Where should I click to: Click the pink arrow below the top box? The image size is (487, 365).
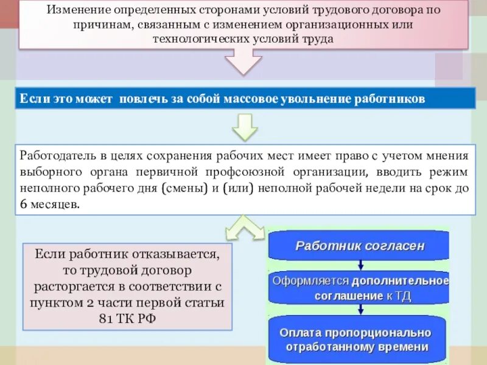click(243, 61)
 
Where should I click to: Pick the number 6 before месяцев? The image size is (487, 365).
click(24, 204)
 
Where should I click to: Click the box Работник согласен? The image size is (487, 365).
click(359, 246)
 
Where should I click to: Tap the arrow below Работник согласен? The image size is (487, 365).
click(360, 265)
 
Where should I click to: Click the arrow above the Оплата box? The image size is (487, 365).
click(360, 309)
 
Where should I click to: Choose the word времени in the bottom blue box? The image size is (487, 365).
click(407, 347)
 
